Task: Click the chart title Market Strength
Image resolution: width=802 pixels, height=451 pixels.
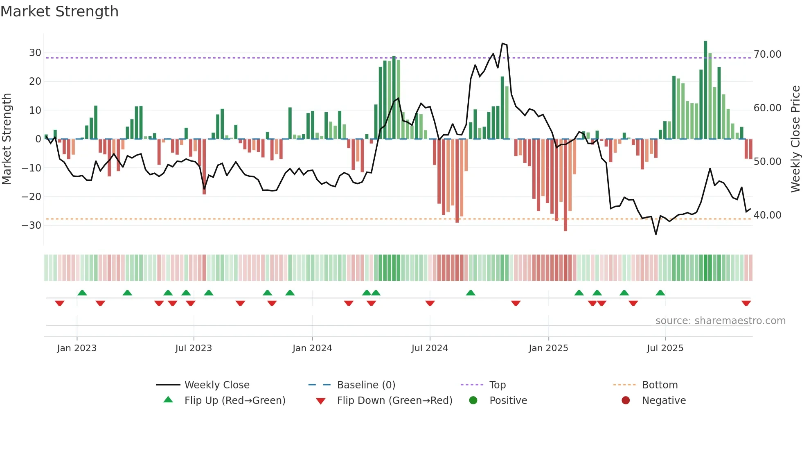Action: tap(59, 11)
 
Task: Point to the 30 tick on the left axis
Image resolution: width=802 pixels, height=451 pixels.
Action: tap(35, 53)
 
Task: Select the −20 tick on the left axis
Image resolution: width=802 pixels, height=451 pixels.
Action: tap(32, 196)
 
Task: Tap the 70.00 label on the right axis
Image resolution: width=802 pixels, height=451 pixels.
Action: tap(767, 54)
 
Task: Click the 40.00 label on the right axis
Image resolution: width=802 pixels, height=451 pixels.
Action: tap(767, 215)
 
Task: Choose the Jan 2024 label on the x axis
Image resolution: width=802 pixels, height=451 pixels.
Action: tap(312, 348)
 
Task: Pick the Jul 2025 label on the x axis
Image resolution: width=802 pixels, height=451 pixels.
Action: tap(665, 348)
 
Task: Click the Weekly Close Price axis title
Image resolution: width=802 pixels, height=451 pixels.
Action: tap(795, 139)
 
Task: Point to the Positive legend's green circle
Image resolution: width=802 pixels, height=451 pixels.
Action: tap(473, 401)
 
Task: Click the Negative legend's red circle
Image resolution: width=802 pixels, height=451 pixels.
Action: tap(626, 401)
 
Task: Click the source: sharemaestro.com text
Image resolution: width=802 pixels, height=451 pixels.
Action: tap(720, 321)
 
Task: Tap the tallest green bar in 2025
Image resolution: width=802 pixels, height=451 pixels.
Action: tap(705, 90)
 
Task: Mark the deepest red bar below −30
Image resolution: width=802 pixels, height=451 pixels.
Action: tap(565, 186)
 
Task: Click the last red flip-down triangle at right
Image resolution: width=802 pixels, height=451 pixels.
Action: tap(746, 303)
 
